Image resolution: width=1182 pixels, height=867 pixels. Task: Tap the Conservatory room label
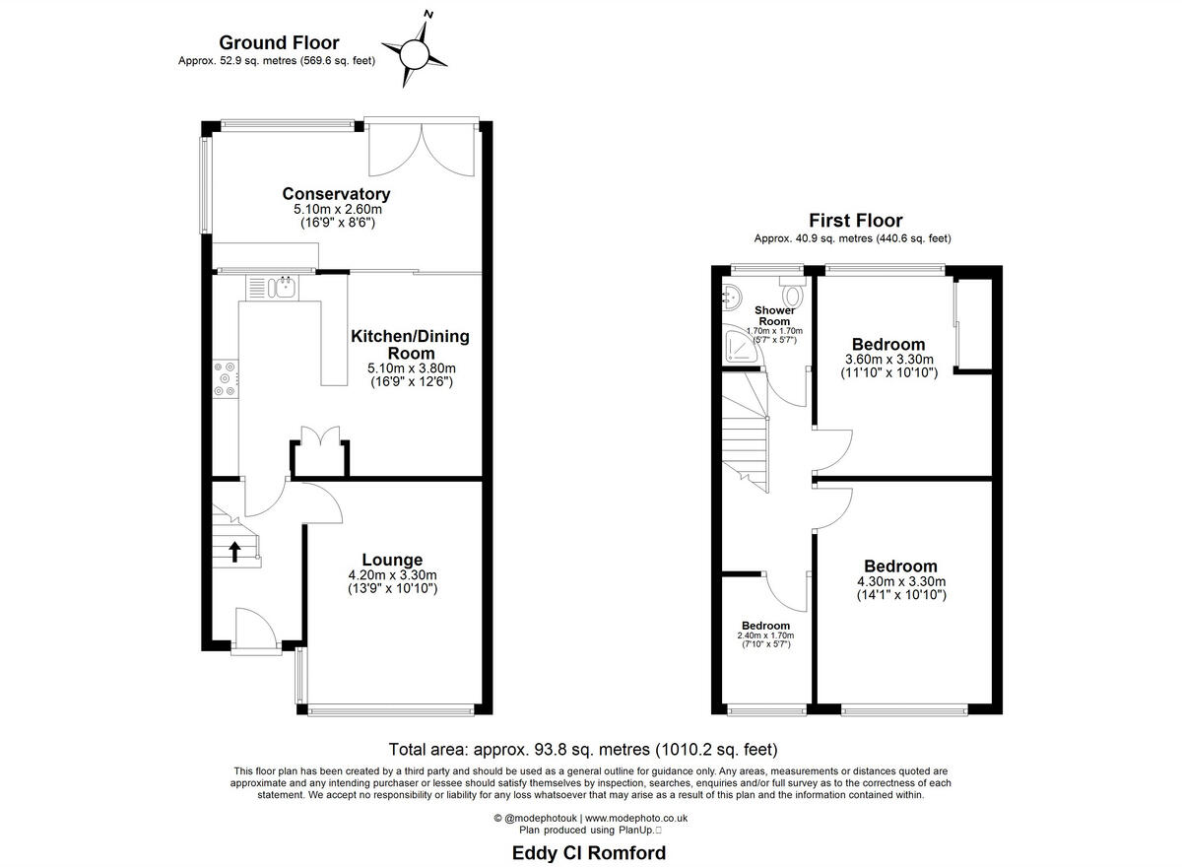pos(336,194)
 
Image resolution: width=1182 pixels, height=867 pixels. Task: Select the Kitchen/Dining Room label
pos(410,345)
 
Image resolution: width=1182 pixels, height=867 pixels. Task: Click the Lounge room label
pos(391,560)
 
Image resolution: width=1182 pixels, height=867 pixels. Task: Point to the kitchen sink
pos(284,287)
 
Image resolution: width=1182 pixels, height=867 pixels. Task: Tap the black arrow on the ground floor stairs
pos(234,550)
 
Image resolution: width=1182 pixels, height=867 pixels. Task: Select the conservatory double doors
pos(422,149)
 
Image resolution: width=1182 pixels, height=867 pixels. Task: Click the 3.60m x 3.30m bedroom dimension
pos(888,360)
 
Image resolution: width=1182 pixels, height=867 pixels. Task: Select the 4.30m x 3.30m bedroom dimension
pos(900,581)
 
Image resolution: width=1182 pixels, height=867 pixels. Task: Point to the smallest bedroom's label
pos(765,626)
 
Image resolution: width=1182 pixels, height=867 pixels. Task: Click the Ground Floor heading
pos(279,42)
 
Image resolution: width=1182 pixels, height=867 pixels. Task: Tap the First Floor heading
pos(855,221)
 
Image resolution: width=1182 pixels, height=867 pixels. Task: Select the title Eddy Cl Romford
pos(589,852)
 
